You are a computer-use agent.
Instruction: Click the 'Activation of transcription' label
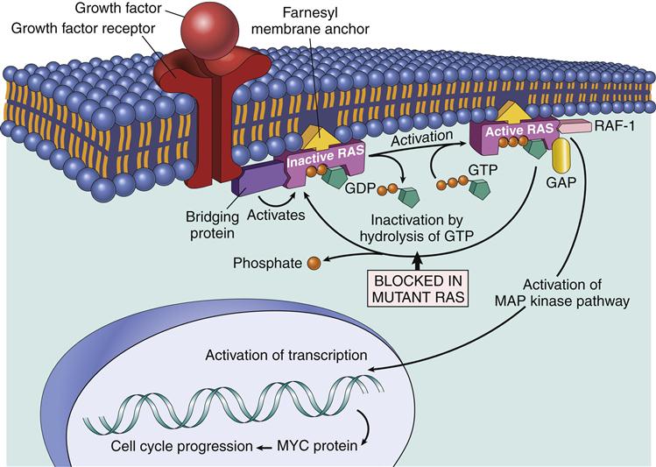point(287,355)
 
